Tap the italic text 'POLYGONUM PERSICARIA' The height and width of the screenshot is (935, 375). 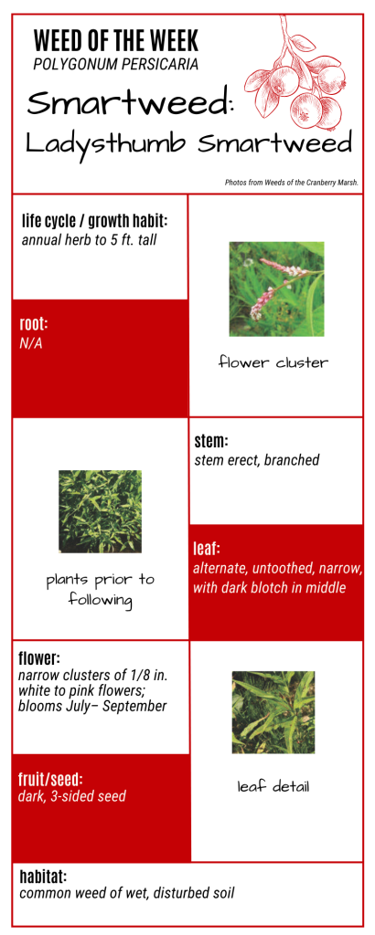point(116,65)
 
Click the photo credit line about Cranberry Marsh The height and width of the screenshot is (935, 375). point(292,183)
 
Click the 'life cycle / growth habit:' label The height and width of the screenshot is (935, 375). point(95,221)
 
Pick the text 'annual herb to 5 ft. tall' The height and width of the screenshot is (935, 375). point(89,241)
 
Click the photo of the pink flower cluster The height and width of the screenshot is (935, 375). point(276,289)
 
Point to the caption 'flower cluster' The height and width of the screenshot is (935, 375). point(273,362)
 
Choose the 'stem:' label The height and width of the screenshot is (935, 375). point(212,442)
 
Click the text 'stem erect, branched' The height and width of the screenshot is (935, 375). point(257,460)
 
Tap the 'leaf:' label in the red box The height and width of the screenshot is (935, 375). point(207,548)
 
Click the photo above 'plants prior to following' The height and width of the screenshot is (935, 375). point(101,511)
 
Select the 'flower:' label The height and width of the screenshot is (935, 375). point(39,659)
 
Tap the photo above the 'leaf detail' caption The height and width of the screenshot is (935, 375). point(273,712)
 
